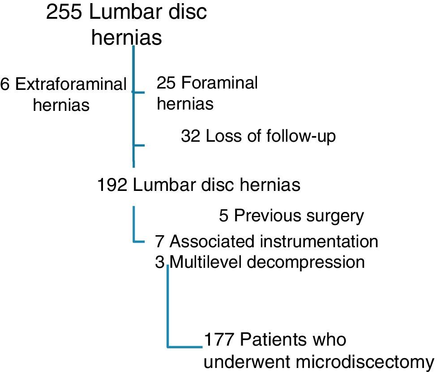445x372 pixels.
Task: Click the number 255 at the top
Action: [x=64, y=13]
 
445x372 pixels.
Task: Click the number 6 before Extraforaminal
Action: [x=5, y=85]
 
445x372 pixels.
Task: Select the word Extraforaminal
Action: [x=71, y=85]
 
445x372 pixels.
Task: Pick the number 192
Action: [x=113, y=185]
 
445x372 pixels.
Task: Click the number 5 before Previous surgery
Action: [x=224, y=216]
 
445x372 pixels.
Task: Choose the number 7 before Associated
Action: [x=160, y=241]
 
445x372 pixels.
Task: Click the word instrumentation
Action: [x=319, y=241]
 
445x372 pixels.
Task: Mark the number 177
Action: [x=220, y=340]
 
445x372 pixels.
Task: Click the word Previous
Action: [x=266, y=216]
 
